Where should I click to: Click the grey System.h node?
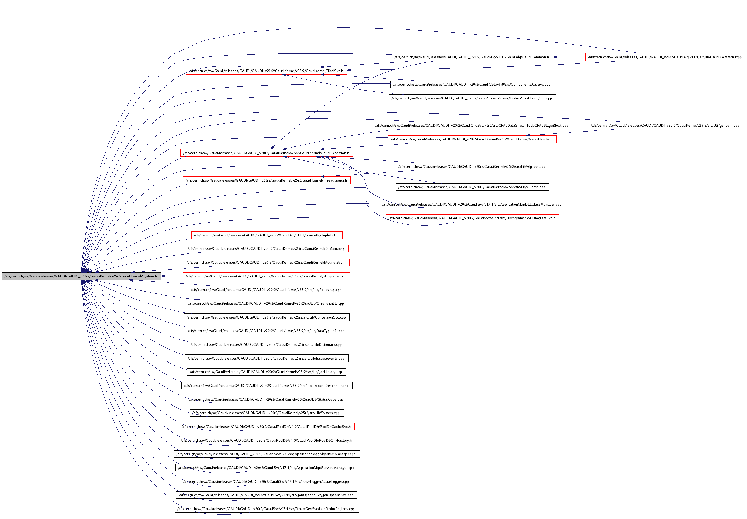[81, 276]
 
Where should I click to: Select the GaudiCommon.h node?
[472, 57]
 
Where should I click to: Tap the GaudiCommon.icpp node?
[665, 57]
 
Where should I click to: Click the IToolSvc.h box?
[266, 71]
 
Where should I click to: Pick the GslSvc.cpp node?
[472, 85]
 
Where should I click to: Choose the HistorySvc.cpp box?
[472, 98]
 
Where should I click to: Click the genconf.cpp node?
[665, 126]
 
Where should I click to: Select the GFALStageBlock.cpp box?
[472, 126]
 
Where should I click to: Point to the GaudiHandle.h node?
[472, 139]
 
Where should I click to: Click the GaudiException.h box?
[266, 153]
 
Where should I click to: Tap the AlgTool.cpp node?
[472, 166]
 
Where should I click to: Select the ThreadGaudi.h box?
[266, 180]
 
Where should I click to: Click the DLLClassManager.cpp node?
[472, 204]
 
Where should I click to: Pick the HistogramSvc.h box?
[472, 218]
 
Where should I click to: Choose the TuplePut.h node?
[266, 235]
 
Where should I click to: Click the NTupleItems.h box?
[266, 276]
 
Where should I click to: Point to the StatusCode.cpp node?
[266, 399]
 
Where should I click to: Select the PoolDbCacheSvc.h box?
[266, 427]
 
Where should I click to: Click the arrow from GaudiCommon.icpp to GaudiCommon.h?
[569, 57]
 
